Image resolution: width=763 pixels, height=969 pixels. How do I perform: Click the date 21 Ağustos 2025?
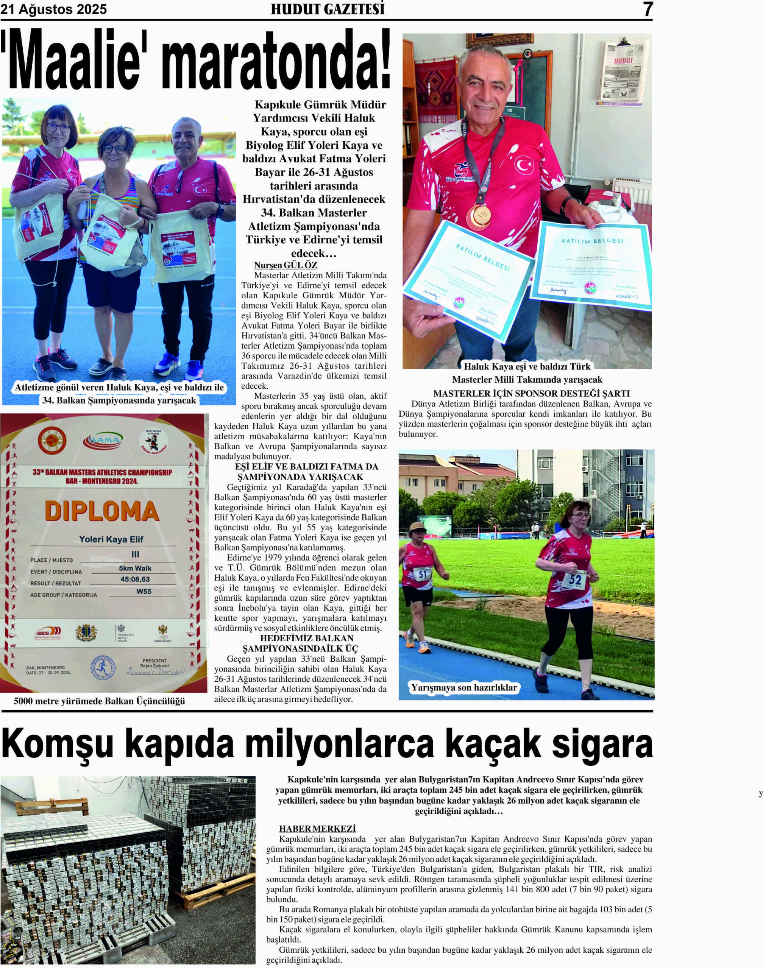pyautogui.click(x=54, y=9)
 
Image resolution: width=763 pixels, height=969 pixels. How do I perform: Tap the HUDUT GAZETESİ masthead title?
pyautogui.click(x=328, y=9)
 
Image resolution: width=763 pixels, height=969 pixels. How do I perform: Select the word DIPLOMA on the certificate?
pyautogui.click(x=102, y=511)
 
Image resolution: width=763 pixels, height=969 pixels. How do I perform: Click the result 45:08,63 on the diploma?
pyautogui.click(x=135, y=579)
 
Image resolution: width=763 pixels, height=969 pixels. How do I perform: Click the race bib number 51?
pyautogui.click(x=423, y=574)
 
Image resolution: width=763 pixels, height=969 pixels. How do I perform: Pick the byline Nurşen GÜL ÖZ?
pyautogui.click(x=286, y=265)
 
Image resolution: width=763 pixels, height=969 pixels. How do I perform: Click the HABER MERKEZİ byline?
pyautogui.click(x=317, y=828)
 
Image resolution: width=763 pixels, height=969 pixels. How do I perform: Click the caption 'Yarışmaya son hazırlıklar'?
pyautogui.click(x=464, y=687)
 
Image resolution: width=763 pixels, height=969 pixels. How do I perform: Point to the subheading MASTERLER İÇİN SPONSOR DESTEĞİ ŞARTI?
pyautogui.click(x=531, y=393)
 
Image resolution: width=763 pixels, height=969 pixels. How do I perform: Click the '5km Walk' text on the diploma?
pyautogui.click(x=135, y=568)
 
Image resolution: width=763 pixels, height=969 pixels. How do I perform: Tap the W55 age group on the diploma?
pyautogui.click(x=144, y=591)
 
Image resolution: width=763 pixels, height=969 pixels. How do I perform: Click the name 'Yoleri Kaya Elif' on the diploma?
pyautogui.click(x=111, y=539)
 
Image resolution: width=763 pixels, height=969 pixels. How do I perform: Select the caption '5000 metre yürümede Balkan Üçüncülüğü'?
pyautogui.click(x=99, y=701)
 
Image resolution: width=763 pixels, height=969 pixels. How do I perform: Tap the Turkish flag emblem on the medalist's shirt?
pyautogui.click(x=524, y=165)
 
